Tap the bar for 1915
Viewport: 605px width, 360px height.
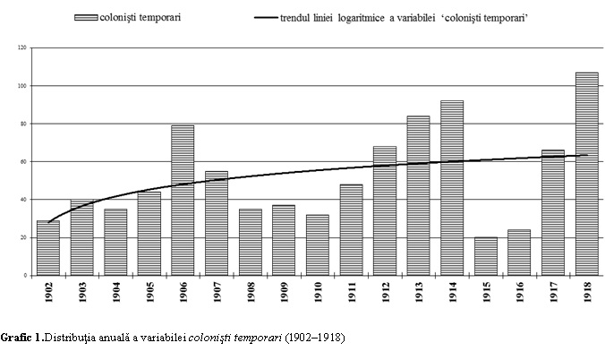tap(486, 256)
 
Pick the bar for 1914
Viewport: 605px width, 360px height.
tap(452, 188)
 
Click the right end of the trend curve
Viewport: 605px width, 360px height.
tap(586, 155)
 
